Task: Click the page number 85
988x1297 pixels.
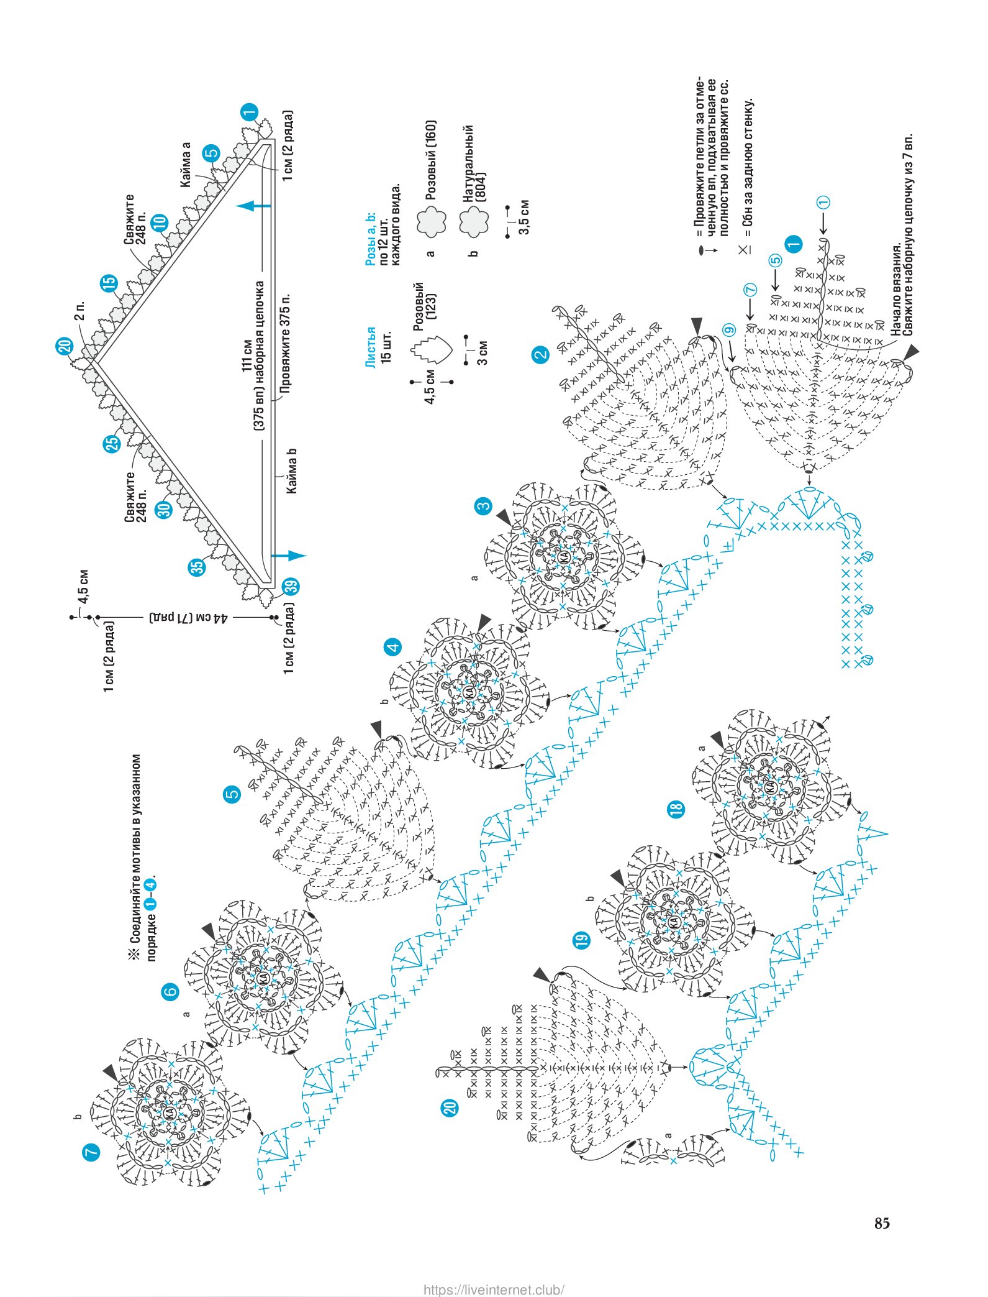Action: [882, 1223]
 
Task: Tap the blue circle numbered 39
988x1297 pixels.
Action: [291, 586]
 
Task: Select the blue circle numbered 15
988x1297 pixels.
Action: [109, 283]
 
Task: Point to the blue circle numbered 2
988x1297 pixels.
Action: [541, 355]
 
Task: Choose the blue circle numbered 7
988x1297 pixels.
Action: [91, 1151]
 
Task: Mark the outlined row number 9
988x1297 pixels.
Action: [728, 330]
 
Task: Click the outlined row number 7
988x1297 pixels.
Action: [750, 290]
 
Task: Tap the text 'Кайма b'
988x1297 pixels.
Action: [292, 471]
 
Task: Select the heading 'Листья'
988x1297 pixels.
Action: [371, 347]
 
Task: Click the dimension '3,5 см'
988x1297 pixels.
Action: [524, 217]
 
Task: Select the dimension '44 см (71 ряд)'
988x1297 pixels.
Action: [189, 618]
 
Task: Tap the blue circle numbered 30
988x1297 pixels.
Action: [163, 510]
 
